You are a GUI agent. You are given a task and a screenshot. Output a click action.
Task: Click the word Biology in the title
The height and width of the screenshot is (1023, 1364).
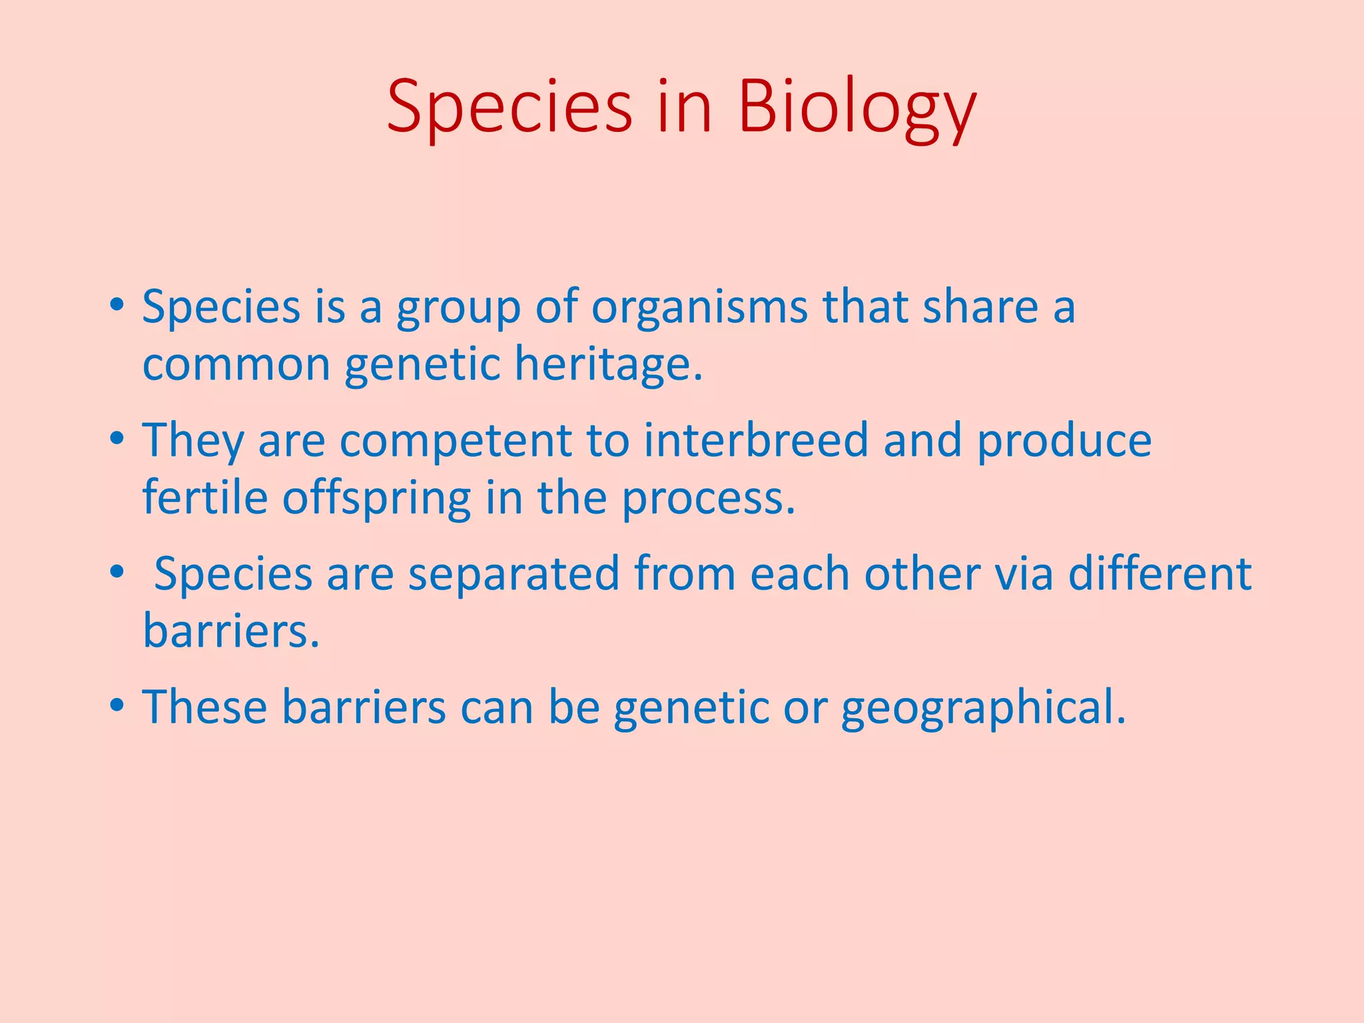[x=857, y=107]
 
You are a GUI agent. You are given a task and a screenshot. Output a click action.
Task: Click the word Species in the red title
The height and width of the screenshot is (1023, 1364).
[x=510, y=107]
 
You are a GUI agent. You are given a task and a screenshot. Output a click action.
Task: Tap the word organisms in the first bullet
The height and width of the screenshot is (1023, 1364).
[x=699, y=307]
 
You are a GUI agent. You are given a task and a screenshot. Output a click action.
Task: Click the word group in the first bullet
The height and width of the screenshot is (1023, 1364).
[x=459, y=308]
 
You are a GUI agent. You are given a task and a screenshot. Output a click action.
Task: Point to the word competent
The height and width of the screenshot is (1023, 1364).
[x=456, y=441]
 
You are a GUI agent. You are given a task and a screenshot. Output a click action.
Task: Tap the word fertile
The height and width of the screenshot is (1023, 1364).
[x=205, y=498]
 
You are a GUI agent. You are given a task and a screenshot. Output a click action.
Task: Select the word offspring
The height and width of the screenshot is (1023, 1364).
[x=377, y=499]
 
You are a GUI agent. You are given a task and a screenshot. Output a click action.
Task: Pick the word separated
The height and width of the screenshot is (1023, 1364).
[x=513, y=573]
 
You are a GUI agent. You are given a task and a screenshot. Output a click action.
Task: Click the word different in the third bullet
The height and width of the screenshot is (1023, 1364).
[x=1160, y=573]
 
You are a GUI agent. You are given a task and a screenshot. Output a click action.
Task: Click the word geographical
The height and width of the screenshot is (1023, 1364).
[x=983, y=707]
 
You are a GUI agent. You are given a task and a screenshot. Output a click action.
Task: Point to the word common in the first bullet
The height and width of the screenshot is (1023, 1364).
[x=236, y=365]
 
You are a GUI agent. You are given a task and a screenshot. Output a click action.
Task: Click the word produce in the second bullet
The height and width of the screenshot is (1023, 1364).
[x=1064, y=441]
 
